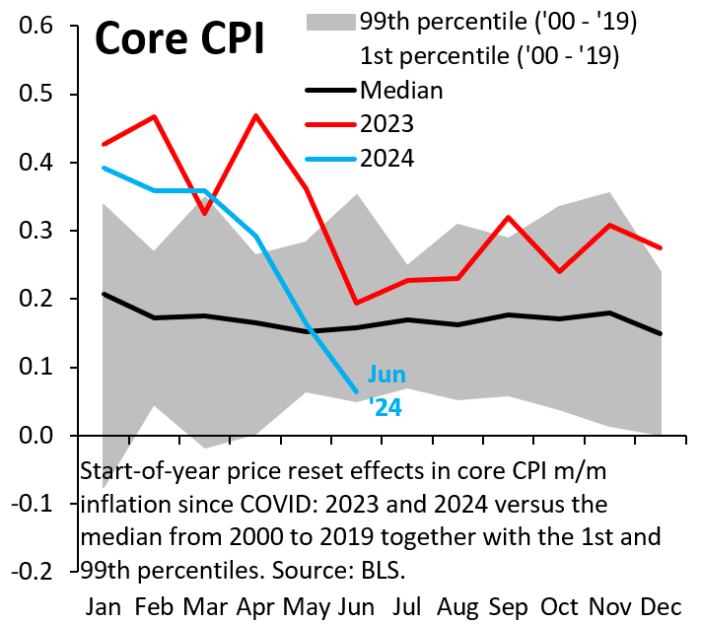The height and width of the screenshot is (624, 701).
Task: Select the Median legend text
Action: coord(401,91)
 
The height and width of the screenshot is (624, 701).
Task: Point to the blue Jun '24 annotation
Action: coord(386,389)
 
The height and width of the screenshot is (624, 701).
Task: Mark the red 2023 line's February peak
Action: coord(155,116)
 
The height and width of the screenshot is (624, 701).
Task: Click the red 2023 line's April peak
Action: coord(256,116)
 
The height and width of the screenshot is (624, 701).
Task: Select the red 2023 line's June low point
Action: coord(357,303)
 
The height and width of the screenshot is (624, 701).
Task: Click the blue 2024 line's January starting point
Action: coord(104,168)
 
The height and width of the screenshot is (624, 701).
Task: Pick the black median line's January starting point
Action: coord(104,294)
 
